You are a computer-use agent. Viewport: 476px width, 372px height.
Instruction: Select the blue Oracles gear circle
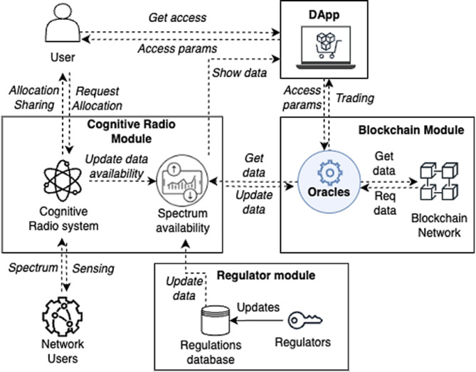tap(329, 184)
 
